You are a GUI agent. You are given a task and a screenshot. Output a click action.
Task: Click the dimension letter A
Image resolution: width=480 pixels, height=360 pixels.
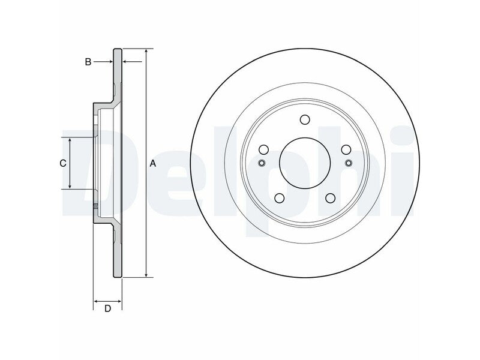coord(153,164)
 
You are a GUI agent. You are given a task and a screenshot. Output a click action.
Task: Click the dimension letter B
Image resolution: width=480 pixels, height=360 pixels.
coord(88,62)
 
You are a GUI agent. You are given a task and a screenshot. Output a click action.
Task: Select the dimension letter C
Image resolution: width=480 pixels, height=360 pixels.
coord(63,163)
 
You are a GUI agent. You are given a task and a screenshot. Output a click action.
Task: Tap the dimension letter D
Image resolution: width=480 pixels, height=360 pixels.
coord(107,309)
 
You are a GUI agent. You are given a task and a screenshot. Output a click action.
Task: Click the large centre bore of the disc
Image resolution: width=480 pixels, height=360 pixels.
coord(305,163)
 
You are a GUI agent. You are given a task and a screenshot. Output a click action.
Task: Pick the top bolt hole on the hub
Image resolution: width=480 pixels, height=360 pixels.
coord(305,119)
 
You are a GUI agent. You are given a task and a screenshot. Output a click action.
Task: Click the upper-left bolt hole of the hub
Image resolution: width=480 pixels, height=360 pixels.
coord(263,149)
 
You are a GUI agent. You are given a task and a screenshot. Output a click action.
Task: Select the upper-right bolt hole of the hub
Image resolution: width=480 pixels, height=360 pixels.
coord(346,149)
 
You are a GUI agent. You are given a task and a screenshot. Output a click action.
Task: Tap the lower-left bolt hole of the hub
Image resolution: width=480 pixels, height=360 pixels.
coord(280,198)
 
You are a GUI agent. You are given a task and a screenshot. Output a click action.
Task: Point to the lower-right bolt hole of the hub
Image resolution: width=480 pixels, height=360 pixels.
coord(331,198)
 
